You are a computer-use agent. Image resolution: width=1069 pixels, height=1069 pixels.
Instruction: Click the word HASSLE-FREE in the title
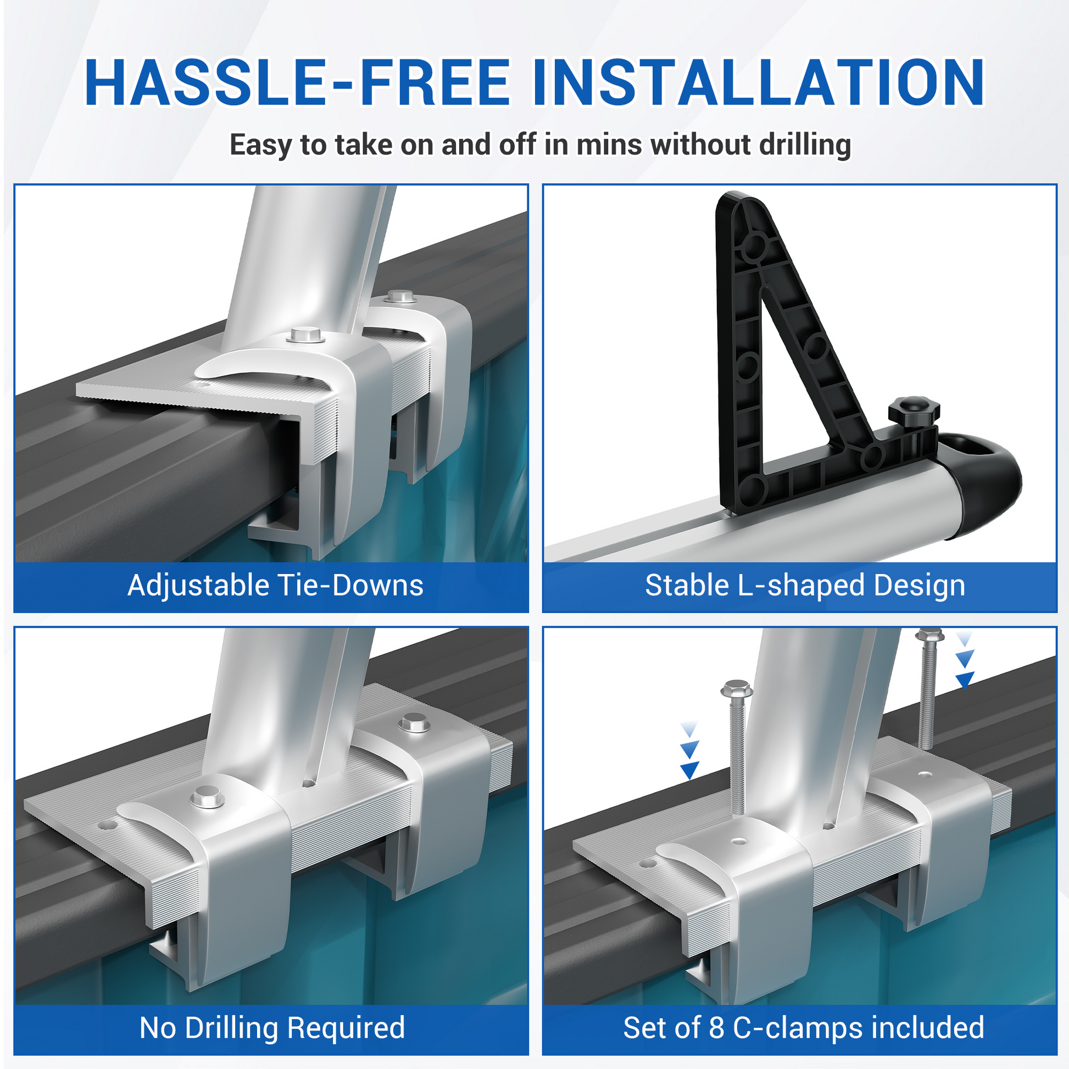297,82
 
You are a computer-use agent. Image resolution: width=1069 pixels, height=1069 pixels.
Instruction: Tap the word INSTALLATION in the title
758,82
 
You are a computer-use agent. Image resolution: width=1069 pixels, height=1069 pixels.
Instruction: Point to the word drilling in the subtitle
805,146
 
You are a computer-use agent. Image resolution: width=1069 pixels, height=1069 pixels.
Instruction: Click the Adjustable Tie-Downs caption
276,586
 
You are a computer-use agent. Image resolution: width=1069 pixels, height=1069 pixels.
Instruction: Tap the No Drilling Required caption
272,1028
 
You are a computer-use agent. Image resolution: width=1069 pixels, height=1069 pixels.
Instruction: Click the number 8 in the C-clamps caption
716,1028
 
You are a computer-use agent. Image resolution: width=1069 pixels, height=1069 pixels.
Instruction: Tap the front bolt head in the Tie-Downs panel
306,335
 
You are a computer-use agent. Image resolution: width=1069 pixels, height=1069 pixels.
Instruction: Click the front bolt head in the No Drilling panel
208,798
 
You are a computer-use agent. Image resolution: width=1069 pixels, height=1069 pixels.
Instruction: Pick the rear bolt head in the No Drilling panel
415,722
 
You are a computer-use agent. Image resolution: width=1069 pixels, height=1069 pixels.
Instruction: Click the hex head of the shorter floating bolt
737,689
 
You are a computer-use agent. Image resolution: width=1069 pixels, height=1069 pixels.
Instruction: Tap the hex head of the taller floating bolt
929,634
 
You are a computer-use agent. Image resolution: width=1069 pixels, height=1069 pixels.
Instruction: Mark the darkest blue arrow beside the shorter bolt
689,770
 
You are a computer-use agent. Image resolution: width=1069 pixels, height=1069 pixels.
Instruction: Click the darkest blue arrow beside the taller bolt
965,680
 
